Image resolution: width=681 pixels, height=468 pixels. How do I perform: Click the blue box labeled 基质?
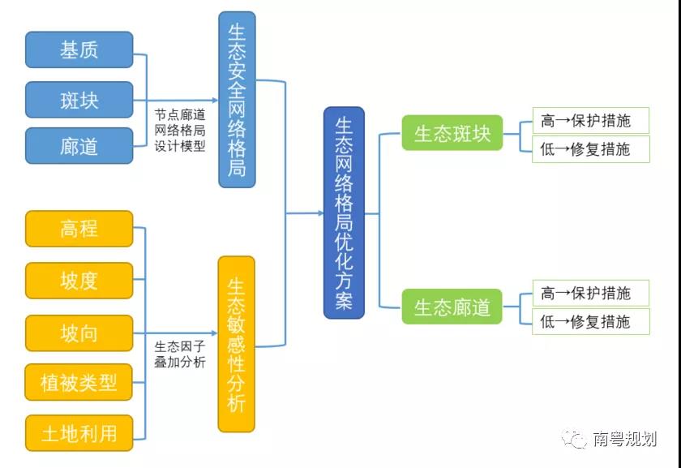click(x=79, y=49)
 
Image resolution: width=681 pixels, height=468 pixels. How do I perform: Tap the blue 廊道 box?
click(x=79, y=146)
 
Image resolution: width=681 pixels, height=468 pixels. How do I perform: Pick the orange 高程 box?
click(x=79, y=228)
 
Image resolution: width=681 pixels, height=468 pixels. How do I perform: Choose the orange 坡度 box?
click(x=79, y=280)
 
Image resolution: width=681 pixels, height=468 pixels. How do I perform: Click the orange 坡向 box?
click(x=79, y=333)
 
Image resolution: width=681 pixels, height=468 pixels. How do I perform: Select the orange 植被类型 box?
click(x=79, y=383)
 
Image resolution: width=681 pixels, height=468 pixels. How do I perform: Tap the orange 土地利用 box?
click(x=79, y=434)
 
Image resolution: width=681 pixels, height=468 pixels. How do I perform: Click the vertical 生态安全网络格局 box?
click(x=237, y=99)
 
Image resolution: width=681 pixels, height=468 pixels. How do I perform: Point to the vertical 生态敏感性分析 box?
click(x=237, y=344)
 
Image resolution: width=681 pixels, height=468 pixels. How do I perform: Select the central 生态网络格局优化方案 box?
click(x=344, y=213)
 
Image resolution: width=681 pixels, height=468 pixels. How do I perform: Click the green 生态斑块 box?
click(x=452, y=134)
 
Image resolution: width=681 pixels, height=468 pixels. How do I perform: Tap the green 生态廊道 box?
click(x=452, y=307)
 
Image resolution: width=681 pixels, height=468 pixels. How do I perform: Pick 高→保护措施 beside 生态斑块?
click(x=590, y=121)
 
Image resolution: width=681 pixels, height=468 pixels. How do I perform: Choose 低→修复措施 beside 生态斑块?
click(x=590, y=149)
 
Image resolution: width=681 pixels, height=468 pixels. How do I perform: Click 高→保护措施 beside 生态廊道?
click(x=590, y=293)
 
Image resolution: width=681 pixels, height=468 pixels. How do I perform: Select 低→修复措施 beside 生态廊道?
click(x=590, y=321)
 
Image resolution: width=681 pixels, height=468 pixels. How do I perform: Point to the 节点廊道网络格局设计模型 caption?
click(x=180, y=131)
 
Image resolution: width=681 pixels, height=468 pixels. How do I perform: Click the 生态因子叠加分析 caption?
click(x=180, y=354)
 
